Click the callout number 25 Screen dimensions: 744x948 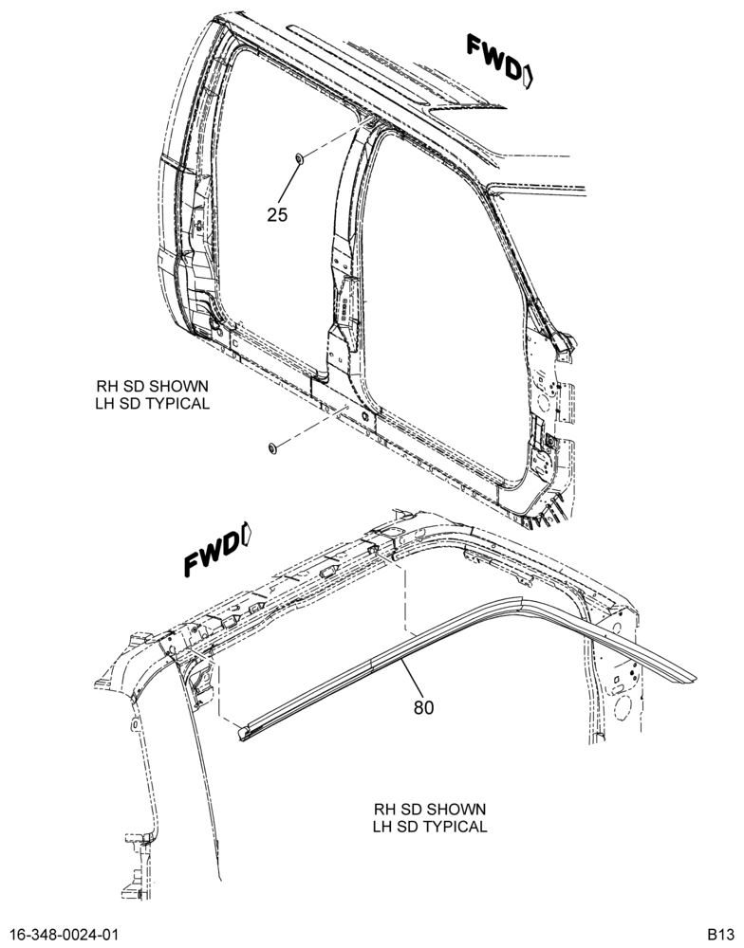277,214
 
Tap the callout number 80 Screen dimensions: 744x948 424,707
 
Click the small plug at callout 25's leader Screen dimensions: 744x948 300,158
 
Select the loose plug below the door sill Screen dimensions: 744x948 272,448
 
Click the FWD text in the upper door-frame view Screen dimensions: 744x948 493,57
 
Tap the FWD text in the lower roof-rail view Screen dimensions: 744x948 212,555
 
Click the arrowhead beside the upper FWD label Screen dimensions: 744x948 528,77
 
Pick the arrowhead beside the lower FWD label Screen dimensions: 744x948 246,532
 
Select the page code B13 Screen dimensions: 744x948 722,933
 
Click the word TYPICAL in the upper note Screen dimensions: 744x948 179,403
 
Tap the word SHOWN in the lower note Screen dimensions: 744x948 458,809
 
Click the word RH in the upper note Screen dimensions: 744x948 104,386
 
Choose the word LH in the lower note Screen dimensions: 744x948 381,827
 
